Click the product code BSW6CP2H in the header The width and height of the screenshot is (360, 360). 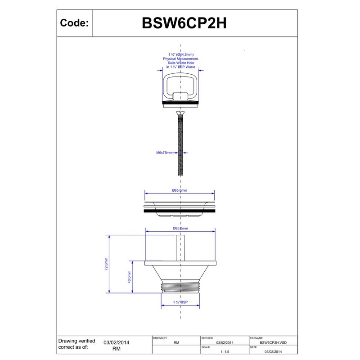pos(184,23)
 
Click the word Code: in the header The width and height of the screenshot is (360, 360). pos(74,23)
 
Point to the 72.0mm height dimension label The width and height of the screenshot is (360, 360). pos(106,264)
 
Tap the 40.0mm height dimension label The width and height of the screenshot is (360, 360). pos(129,277)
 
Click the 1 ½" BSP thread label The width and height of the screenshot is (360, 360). pos(180,302)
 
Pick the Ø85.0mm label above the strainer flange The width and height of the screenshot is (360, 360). pos(180,190)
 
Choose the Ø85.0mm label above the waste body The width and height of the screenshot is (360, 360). pos(180,229)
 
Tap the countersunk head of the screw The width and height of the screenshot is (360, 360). pos(180,112)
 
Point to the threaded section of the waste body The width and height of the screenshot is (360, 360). pos(180,287)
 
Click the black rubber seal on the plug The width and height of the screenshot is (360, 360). pos(180,103)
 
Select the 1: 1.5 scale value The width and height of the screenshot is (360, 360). pos(225,352)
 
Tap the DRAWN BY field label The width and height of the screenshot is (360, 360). pos(160,337)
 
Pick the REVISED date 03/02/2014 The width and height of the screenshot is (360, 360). pos(225,342)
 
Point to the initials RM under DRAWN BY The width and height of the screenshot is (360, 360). pos(176,342)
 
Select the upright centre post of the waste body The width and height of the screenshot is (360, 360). pos(180,247)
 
